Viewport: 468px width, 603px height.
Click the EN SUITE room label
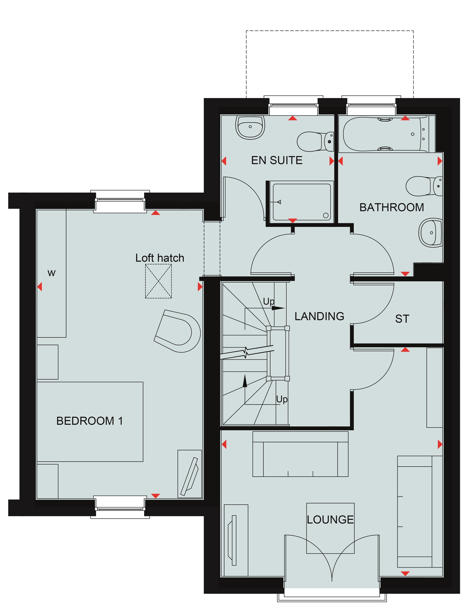(x=277, y=160)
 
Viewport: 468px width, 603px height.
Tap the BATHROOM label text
(x=391, y=207)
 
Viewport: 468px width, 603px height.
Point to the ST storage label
(x=402, y=319)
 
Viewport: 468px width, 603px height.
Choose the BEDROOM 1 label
(x=89, y=421)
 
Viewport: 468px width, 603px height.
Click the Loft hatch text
(x=160, y=258)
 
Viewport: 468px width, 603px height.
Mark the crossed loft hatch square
(x=158, y=281)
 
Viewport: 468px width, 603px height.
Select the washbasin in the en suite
(x=250, y=127)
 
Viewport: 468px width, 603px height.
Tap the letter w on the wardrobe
(x=52, y=273)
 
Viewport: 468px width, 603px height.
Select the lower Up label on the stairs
(x=282, y=399)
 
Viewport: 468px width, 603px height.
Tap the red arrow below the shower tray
(x=292, y=221)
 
